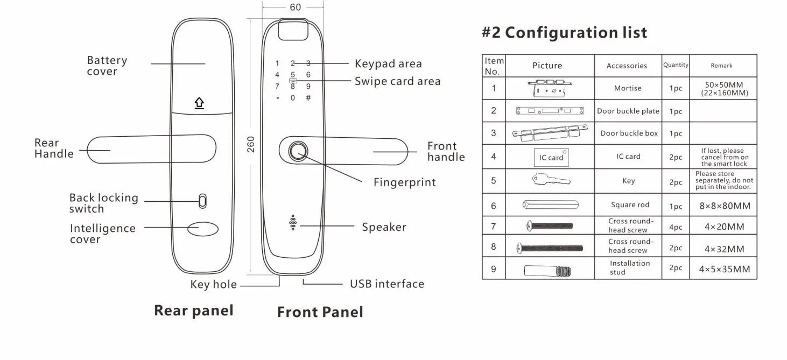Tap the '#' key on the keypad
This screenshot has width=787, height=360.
tap(308, 98)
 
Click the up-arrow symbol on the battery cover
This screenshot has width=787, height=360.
tap(199, 103)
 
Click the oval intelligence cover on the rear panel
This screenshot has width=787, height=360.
tap(203, 228)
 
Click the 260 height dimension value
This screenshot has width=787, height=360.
tap(251, 144)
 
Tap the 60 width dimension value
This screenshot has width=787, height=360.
tap(296, 8)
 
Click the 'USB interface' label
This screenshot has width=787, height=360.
tap(387, 284)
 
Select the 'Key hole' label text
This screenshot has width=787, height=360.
tap(213, 285)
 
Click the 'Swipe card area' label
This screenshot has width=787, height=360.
tap(397, 82)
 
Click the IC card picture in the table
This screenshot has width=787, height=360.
tap(551, 157)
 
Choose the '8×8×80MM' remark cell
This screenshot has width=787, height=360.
tap(725, 206)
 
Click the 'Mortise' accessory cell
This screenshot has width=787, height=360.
tap(628, 88)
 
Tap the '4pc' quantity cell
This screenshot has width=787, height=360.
tap(676, 227)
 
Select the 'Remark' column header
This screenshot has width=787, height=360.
tap(721, 66)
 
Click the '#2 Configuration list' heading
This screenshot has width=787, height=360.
tap(564, 33)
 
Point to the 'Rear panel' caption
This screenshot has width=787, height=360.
tap(194, 310)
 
